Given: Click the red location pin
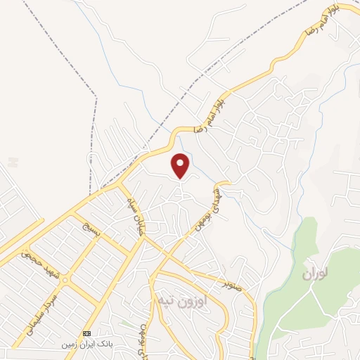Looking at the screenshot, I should coord(181,165).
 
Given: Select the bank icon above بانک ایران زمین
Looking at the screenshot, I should coord(87,333).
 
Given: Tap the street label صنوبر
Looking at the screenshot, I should coord(235,286).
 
